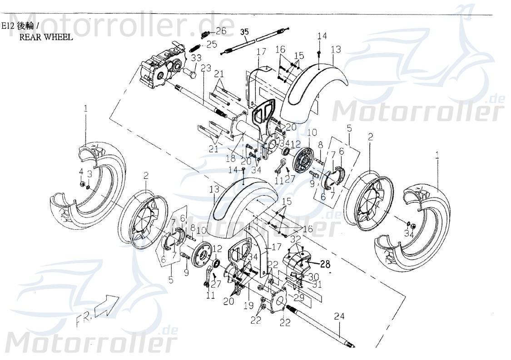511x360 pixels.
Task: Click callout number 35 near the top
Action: coord(244,32)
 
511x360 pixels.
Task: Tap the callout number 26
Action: coord(221,31)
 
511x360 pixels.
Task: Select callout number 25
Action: coord(212,44)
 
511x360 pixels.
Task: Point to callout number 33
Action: coord(196,58)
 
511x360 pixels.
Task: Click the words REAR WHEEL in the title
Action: coord(45,37)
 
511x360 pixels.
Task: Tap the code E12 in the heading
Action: coord(8,26)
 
